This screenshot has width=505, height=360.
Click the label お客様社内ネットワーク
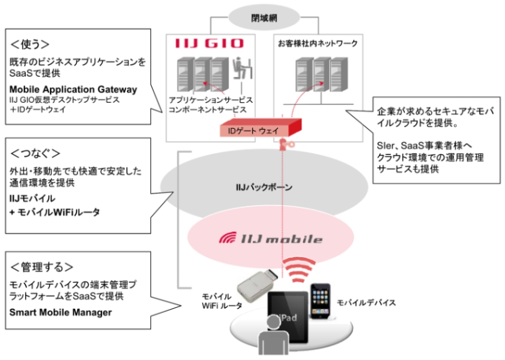click(x=318, y=43)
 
